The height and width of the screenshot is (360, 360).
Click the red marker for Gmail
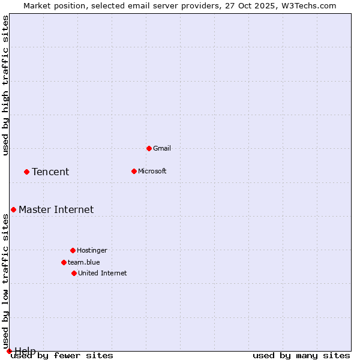click(149, 148)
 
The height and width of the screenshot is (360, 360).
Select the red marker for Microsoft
click(134, 171)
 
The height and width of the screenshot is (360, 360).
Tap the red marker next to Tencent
click(26, 172)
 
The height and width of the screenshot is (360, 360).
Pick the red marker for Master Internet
click(13, 209)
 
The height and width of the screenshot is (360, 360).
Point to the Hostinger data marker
click(73, 250)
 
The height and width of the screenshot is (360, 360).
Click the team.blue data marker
click(64, 262)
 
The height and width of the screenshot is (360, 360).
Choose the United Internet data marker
click(74, 273)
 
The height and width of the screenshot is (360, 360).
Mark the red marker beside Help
click(9, 351)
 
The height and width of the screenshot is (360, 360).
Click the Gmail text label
click(162, 148)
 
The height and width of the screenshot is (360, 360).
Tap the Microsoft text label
click(152, 171)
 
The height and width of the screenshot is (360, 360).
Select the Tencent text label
click(50, 172)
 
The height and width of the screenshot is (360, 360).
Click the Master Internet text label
click(56, 210)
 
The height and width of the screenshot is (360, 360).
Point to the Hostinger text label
click(92, 250)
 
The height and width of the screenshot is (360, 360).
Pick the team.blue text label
click(84, 262)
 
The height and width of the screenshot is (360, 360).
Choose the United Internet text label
click(103, 273)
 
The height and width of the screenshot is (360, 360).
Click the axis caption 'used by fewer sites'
click(62, 356)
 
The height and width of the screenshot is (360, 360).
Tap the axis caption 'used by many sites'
click(301, 356)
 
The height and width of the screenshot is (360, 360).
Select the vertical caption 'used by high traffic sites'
click(6, 85)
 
